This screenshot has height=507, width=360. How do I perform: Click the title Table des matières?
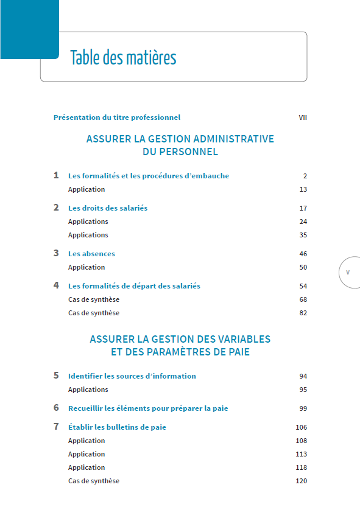(x=123, y=58)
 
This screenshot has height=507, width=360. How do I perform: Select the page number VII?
(x=302, y=117)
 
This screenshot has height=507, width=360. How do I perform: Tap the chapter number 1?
(x=56, y=175)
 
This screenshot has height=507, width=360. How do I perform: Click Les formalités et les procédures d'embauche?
(x=149, y=176)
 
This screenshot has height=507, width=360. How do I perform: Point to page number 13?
(x=303, y=189)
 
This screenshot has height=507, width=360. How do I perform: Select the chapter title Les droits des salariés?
(x=108, y=208)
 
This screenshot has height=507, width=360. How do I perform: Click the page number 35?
(x=303, y=235)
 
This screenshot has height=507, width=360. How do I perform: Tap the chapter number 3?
(x=56, y=253)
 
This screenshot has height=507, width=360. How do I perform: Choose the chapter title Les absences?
(x=91, y=254)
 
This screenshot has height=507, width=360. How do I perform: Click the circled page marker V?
(x=348, y=272)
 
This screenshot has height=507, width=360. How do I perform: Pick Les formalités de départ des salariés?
(x=134, y=286)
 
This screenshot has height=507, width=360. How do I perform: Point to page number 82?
(x=303, y=313)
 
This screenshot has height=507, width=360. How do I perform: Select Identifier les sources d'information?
(x=132, y=376)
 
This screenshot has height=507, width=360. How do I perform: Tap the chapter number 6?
(x=56, y=408)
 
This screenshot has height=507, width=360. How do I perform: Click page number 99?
(x=303, y=408)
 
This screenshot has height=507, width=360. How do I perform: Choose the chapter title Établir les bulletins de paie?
(x=117, y=427)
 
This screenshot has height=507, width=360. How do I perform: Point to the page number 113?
(x=302, y=454)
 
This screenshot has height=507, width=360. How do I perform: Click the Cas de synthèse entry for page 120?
(x=94, y=481)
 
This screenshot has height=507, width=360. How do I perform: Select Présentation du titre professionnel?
(x=117, y=117)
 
